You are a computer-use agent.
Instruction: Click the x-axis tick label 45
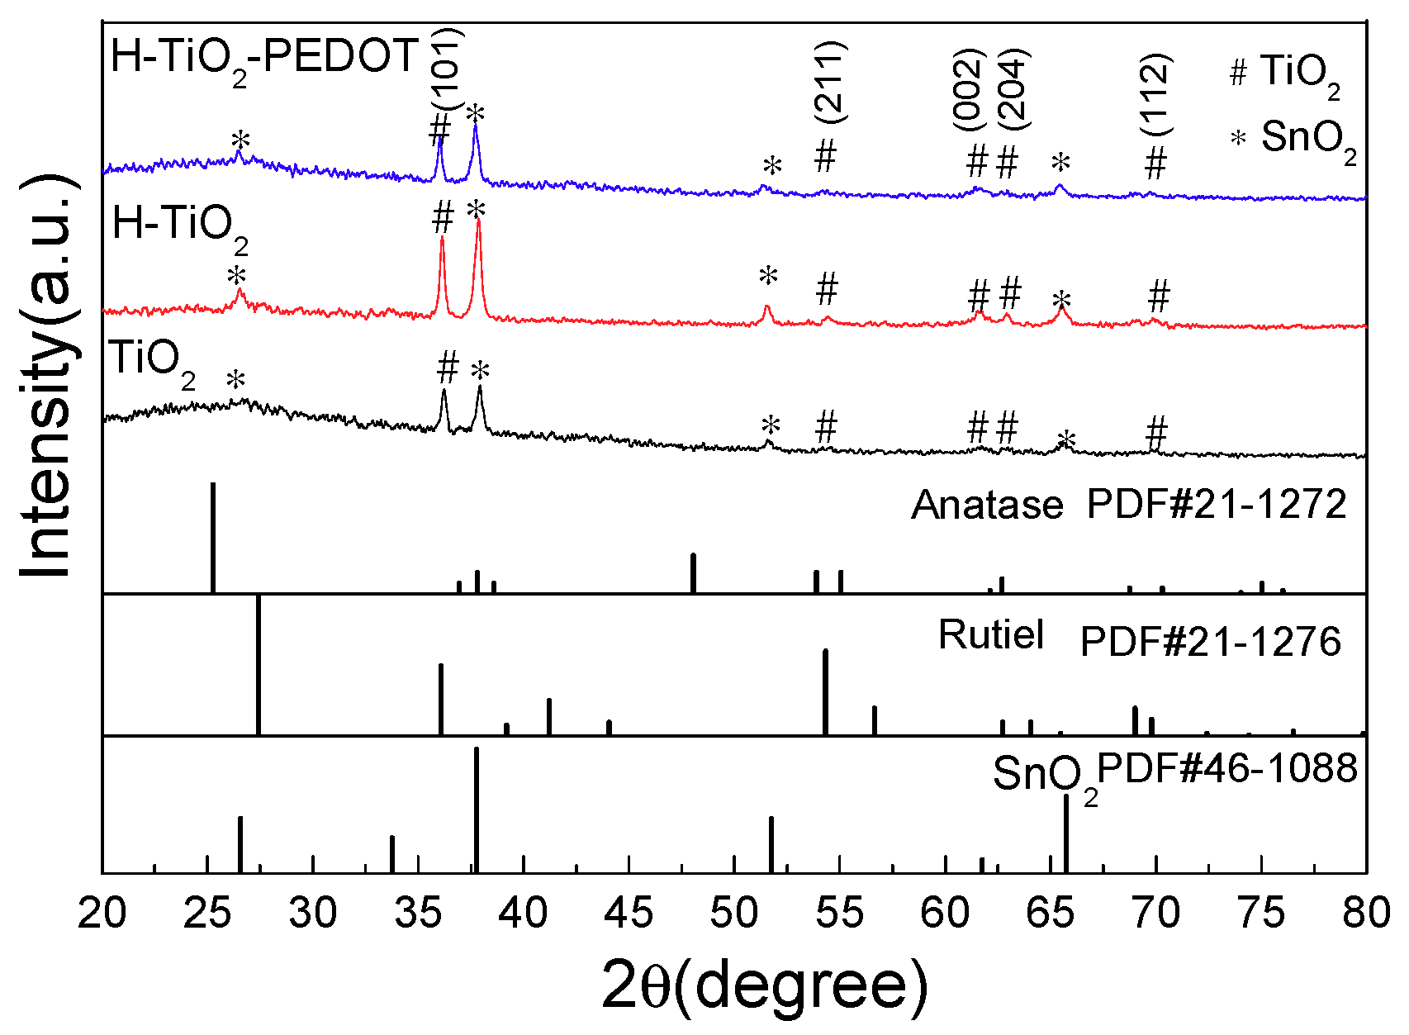tap(629, 914)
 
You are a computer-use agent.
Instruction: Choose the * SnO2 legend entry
tap(1293, 139)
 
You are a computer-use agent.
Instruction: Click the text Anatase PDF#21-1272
tap(1128, 505)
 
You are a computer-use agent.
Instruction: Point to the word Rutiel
tap(990, 635)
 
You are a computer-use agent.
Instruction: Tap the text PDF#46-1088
tap(1227, 769)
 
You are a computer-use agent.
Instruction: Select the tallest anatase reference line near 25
tap(213, 537)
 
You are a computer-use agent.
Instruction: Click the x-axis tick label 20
tap(102, 914)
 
